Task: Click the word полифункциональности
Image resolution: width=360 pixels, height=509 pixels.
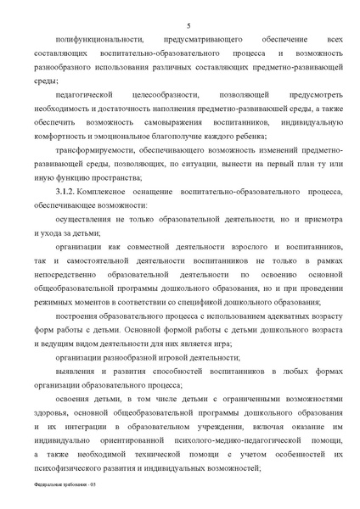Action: (93, 41)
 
